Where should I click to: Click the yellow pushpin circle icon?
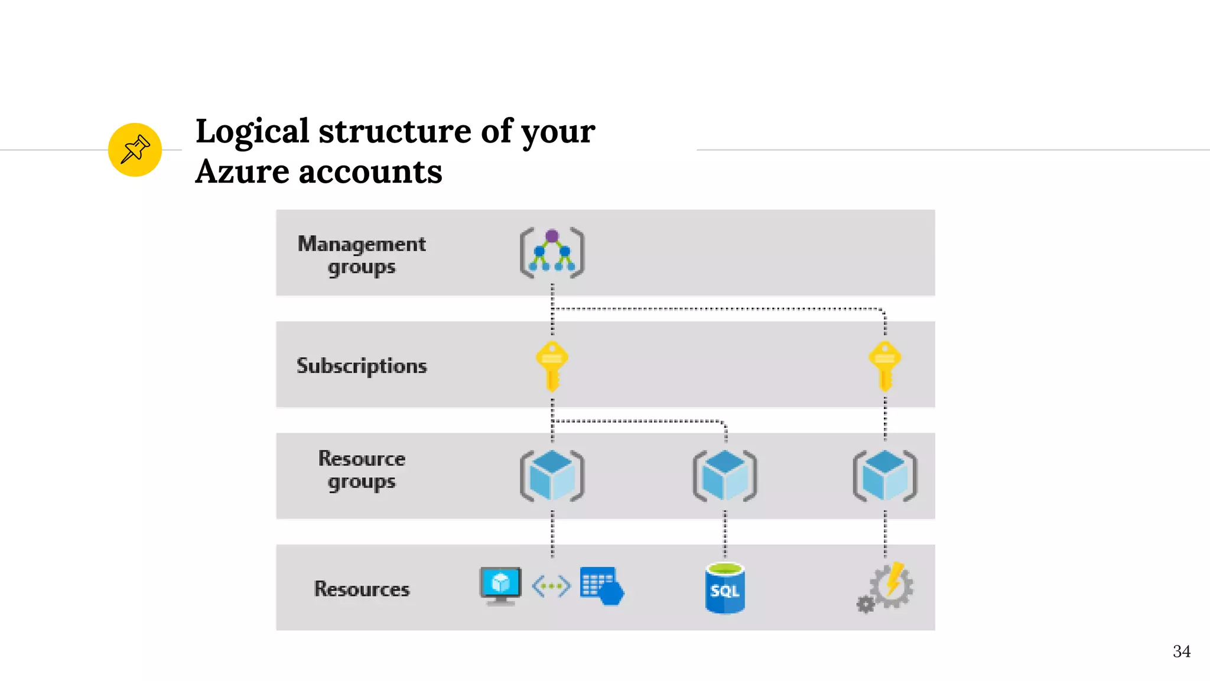[x=135, y=150]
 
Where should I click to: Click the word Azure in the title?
[x=242, y=172]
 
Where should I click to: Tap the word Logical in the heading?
[x=252, y=131]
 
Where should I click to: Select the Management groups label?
[x=362, y=255]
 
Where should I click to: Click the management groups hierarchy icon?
[x=552, y=252]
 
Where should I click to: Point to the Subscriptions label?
[x=362, y=366]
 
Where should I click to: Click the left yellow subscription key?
[x=552, y=365]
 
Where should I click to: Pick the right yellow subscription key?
[x=884, y=365]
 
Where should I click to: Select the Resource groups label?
[x=362, y=470]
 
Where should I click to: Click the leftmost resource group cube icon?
[x=552, y=475]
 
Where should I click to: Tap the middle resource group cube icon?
[x=725, y=475]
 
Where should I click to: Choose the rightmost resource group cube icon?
[x=884, y=475]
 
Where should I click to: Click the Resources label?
[x=362, y=589]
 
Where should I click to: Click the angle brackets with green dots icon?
[x=551, y=586]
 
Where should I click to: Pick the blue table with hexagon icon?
[x=601, y=586]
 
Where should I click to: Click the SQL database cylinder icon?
[x=725, y=588]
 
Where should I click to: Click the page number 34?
[x=1181, y=651]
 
